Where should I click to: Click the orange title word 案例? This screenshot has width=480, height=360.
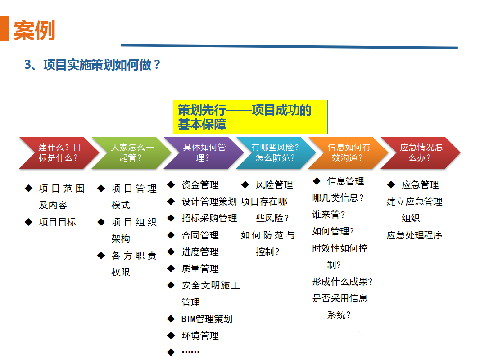pyautogui.click(x=34, y=31)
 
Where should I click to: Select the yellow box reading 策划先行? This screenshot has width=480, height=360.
pyautogui.click(x=250, y=117)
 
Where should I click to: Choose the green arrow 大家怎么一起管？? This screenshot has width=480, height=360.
pyautogui.click(x=131, y=153)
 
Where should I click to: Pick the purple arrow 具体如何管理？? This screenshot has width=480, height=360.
pyautogui.click(x=204, y=153)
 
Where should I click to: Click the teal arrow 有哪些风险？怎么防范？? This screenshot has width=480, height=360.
pyautogui.click(x=276, y=153)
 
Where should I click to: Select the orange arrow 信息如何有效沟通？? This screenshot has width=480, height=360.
pyautogui.click(x=348, y=153)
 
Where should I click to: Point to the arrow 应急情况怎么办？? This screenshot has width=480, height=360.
pyautogui.click(x=420, y=153)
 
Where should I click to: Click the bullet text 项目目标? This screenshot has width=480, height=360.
pyautogui.click(x=57, y=222)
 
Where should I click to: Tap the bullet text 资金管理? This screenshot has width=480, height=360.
pyautogui.click(x=200, y=185)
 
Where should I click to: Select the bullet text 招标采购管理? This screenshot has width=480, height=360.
pyautogui.click(x=209, y=218)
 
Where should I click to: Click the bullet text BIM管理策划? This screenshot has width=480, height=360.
pyautogui.click(x=207, y=319)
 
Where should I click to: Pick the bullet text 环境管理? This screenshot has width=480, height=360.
pyautogui.click(x=200, y=336)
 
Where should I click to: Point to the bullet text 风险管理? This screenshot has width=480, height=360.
pyautogui.click(x=274, y=185)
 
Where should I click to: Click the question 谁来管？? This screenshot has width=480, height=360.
pyautogui.click(x=328, y=214)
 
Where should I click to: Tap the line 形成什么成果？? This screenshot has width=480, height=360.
pyautogui.click(x=342, y=281)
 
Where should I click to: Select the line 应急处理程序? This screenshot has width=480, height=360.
pyautogui.click(x=414, y=235)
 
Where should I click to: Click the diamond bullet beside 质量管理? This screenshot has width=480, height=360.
pyautogui.click(x=171, y=269)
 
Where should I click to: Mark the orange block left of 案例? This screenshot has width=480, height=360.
pyautogui.click(x=5, y=28)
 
